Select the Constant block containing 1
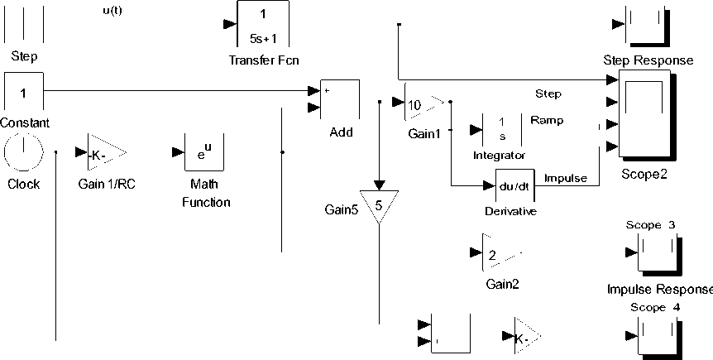click(24, 93)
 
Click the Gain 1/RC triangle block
click(104, 153)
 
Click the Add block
click(340, 99)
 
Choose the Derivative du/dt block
click(516, 186)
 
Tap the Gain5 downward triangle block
click(379, 204)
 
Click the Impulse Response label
click(659, 290)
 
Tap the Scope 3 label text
click(651, 225)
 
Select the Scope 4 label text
click(651, 308)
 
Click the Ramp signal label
click(547, 120)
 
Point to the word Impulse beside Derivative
click(566, 178)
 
